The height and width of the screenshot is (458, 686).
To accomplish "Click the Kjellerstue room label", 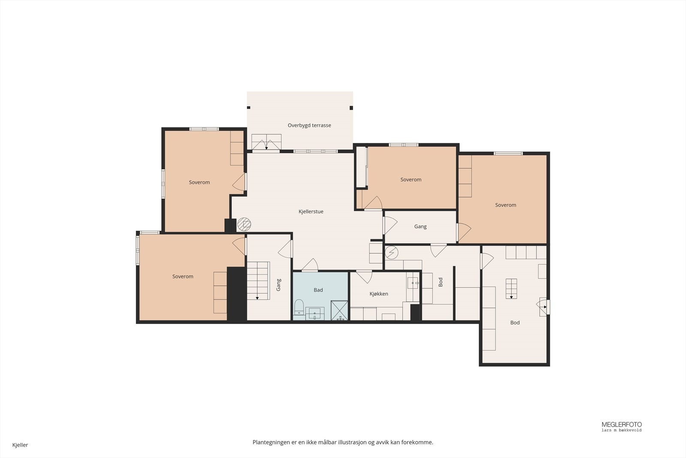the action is [311, 212].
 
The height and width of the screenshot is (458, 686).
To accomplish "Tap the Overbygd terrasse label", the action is [309, 125].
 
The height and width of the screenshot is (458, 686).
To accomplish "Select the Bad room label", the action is [318, 290].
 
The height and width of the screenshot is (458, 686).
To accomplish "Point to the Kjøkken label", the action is [379, 294].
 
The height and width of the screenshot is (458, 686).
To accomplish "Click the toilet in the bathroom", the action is [299, 307].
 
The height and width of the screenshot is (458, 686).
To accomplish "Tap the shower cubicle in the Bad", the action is [339, 310].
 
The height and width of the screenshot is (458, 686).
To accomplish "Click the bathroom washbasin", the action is [315, 314].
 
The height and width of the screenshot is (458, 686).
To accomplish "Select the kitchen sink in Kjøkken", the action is [412, 283].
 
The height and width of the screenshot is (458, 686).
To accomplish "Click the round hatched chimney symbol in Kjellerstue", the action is [244, 224].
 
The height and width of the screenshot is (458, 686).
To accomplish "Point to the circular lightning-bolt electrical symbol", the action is [391, 252].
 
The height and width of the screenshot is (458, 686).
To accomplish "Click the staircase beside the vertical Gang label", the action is [259, 281].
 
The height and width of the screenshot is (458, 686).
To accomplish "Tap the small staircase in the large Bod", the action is [511, 288].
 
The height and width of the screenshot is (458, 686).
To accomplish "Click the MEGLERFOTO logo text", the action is [622, 425].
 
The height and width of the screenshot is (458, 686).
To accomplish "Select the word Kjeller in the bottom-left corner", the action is [20, 445].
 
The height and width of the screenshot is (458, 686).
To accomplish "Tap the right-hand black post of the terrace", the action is [351, 108].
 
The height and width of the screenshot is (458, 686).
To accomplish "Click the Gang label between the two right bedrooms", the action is [420, 227].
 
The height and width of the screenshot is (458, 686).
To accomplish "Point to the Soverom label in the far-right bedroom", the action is [505, 205].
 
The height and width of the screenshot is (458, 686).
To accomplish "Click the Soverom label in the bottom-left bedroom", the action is [183, 276].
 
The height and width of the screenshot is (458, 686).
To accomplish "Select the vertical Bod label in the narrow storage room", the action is [441, 282].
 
